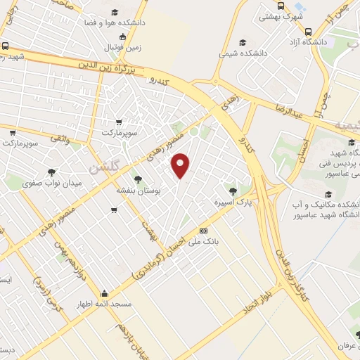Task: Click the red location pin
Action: (x=181, y=166)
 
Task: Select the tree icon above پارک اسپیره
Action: (x=233, y=190)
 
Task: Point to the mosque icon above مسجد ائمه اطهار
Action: (x=104, y=295)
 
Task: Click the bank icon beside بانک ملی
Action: (x=204, y=231)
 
